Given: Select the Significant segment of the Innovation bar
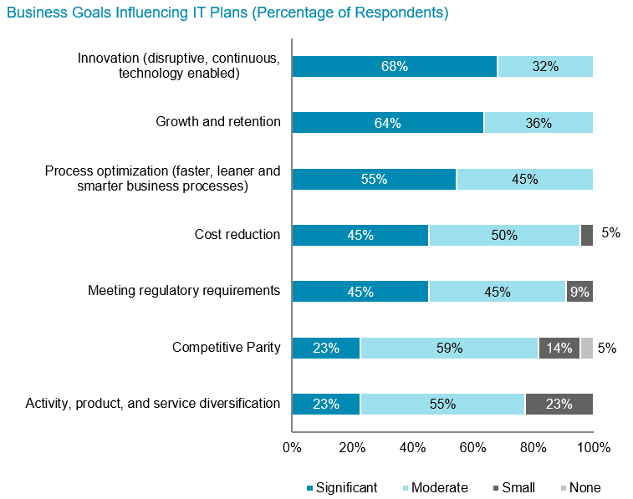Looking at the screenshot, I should click(x=394, y=67).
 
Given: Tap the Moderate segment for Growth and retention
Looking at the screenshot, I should click(x=538, y=123).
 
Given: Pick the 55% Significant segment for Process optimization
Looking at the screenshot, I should click(x=374, y=179).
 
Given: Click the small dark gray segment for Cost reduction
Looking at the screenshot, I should click(x=586, y=235).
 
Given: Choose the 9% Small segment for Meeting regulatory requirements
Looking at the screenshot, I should click(x=579, y=291).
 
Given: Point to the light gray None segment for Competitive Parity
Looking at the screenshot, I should click(x=586, y=348).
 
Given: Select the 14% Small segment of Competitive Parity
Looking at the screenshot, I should click(x=559, y=348).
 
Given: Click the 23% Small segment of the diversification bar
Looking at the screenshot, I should click(x=559, y=404).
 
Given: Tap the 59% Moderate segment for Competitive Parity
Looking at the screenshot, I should click(x=448, y=348).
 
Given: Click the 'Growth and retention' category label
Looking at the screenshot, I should click(x=218, y=122).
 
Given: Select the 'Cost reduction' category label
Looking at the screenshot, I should click(x=232, y=234).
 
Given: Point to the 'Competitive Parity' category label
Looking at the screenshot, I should click(x=226, y=347).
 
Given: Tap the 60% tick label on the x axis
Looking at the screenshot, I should click(x=473, y=448).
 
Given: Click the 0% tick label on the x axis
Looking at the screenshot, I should click(x=292, y=448).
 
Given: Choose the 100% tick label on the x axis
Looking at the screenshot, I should click(x=593, y=448).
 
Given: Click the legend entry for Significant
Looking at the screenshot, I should click(x=342, y=487).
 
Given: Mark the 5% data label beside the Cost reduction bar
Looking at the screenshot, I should click(x=610, y=233).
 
